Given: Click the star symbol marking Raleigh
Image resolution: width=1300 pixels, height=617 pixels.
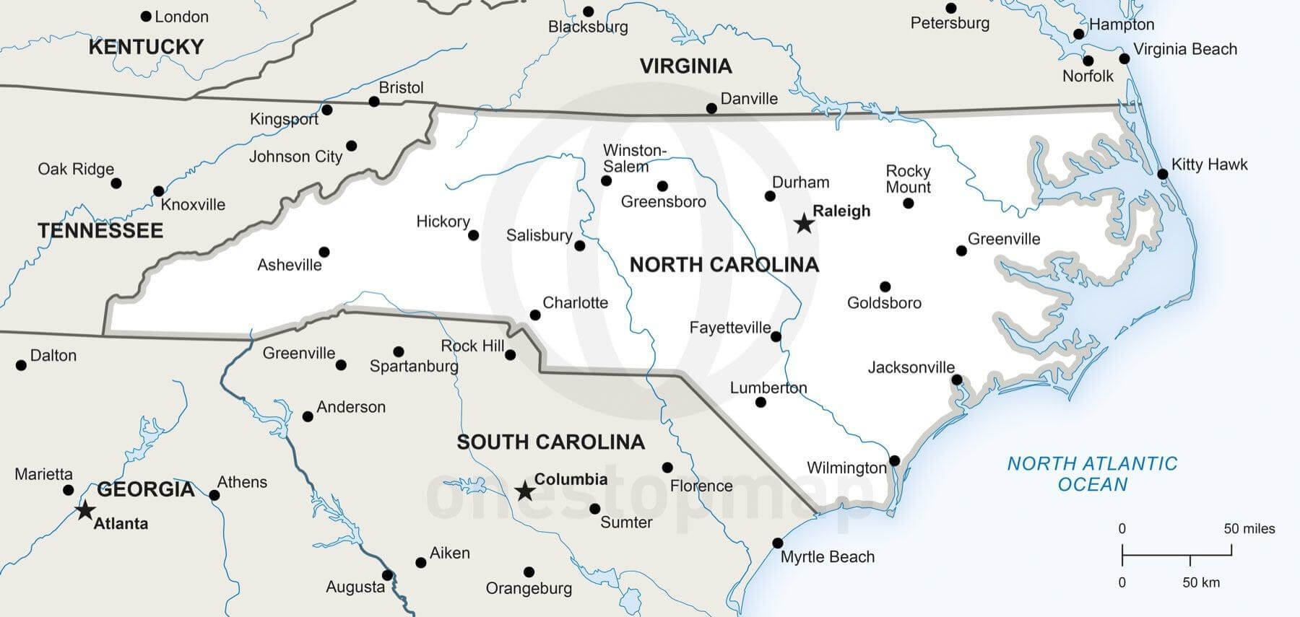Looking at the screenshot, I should click(x=804, y=224).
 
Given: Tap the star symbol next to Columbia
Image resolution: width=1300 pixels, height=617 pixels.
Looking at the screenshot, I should click(x=525, y=492).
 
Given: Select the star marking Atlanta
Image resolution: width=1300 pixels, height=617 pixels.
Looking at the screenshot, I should click(x=85, y=510).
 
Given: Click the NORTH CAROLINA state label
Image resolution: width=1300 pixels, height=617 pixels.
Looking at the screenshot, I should click(x=724, y=265).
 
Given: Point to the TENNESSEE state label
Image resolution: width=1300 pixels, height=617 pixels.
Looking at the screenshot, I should click(x=100, y=231).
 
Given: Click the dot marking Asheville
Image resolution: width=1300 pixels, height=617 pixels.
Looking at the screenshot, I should click(x=324, y=252).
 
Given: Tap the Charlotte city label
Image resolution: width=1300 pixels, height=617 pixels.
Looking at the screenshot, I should click(x=575, y=303).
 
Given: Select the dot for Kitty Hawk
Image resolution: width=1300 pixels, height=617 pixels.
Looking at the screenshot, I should click(x=1163, y=174).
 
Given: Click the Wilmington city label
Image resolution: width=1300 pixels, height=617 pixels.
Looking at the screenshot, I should click(x=846, y=468).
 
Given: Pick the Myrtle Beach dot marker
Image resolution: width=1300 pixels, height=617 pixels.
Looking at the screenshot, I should click(x=778, y=543).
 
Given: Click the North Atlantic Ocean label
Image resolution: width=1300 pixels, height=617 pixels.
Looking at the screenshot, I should click(x=1092, y=473).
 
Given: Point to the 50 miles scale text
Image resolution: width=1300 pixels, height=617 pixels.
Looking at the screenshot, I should click(x=1249, y=529).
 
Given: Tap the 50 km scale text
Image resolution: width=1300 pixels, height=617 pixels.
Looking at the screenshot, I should click(x=1200, y=582).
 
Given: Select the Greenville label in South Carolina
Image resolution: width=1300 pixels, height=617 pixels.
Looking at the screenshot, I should click(x=298, y=354).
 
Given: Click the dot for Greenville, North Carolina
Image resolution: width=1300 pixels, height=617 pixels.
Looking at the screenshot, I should click(x=961, y=251).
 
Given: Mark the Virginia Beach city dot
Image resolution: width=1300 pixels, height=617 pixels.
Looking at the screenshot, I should click(x=1124, y=58).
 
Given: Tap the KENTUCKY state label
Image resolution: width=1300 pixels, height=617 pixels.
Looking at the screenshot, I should click(x=146, y=48).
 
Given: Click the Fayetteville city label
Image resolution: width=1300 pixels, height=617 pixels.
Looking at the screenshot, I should click(x=729, y=328).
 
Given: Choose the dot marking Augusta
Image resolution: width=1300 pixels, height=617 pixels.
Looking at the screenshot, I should click(x=387, y=575).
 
